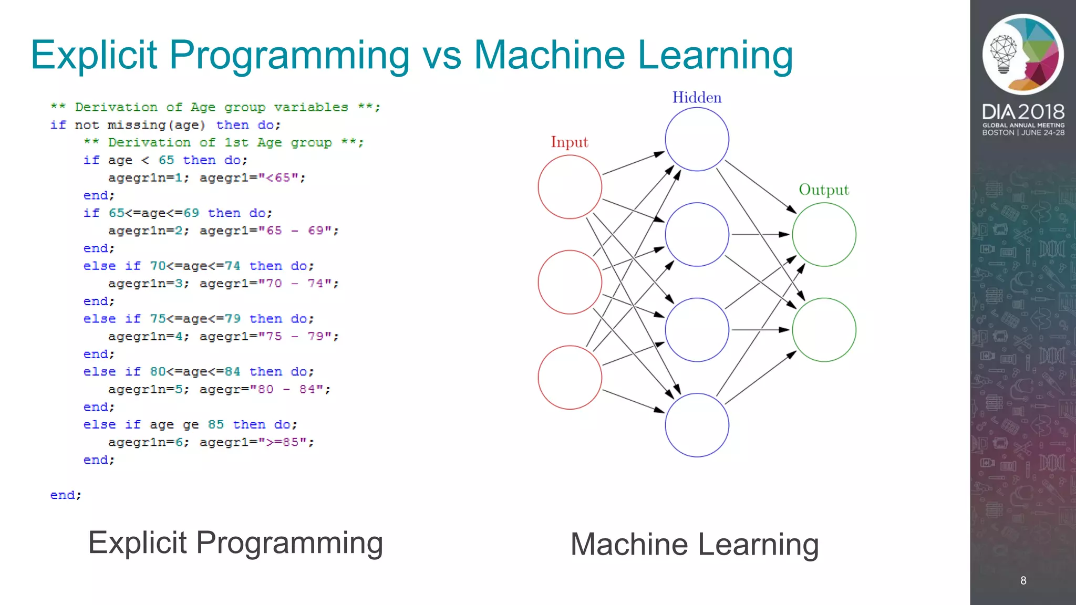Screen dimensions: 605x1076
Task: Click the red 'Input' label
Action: coord(570,142)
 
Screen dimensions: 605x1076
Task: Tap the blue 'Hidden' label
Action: coord(697,98)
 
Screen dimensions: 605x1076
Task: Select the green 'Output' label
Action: coord(824,190)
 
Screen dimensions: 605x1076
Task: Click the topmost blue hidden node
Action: coord(697,139)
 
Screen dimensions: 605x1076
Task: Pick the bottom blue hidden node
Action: coord(697,425)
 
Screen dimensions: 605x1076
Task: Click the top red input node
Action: coord(570,187)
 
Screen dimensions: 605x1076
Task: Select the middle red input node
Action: coord(570,282)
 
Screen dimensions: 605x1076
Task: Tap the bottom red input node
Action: coord(570,377)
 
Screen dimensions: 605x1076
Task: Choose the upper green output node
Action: coord(824,235)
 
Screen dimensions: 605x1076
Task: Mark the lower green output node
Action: coord(824,330)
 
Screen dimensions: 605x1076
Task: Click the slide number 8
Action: coord(1023,580)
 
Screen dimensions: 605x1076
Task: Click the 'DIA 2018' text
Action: coord(1023,112)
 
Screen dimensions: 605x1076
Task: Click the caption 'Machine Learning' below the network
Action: coord(695,544)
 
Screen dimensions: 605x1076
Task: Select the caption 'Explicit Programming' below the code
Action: coord(235,543)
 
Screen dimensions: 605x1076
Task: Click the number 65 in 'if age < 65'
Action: coord(166,160)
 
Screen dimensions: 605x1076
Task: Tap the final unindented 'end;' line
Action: coord(66,495)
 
